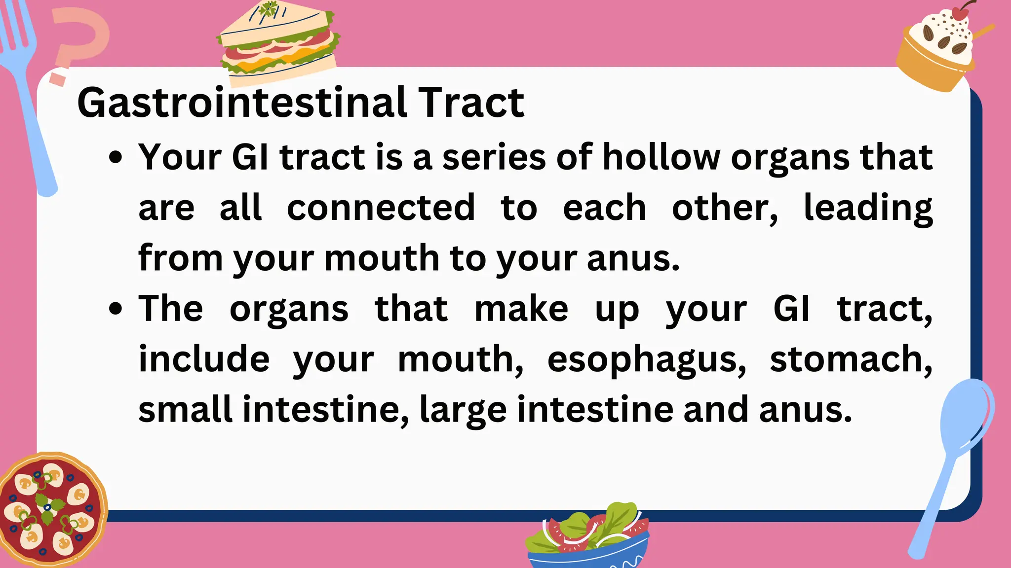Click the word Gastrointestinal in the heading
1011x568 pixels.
(x=242, y=103)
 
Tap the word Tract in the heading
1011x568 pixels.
(x=471, y=103)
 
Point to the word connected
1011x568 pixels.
(x=381, y=208)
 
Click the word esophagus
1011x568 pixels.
(x=646, y=359)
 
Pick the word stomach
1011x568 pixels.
(x=851, y=359)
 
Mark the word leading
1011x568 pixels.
(x=868, y=208)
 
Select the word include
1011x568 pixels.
(x=204, y=359)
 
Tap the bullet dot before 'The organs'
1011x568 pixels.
(x=116, y=310)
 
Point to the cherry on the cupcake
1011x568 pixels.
(x=960, y=13)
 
